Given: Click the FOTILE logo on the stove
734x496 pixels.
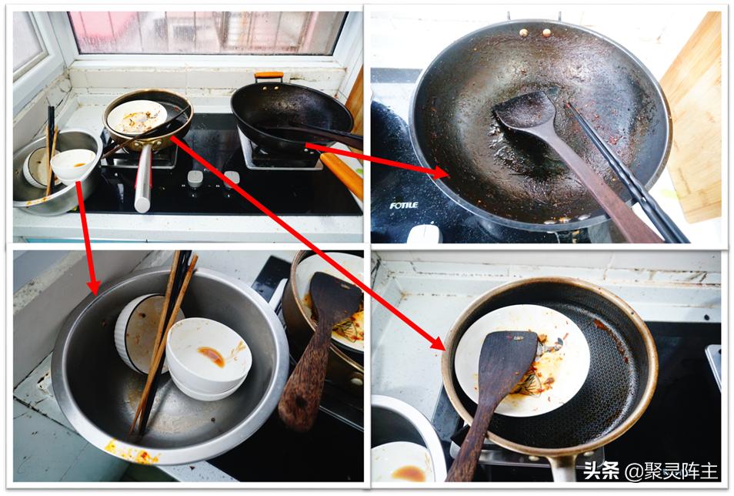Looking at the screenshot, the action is (x=403, y=206).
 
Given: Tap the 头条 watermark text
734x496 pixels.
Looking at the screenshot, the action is (x=602, y=471).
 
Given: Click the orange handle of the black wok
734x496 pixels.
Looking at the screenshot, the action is (x=269, y=75).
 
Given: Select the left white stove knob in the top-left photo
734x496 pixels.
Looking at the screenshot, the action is (x=195, y=179).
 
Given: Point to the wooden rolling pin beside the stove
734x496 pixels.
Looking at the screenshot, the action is (x=342, y=175).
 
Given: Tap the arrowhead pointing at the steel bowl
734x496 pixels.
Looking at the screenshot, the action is (x=94, y=285).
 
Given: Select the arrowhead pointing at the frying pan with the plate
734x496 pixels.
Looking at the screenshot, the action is (x=437, y=342).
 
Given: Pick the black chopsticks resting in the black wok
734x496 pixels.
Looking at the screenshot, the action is (x=627, y=173).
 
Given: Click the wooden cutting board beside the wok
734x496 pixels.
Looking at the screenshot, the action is (x=693, y=117).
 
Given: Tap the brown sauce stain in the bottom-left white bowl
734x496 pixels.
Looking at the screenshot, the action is (x=212, y=356).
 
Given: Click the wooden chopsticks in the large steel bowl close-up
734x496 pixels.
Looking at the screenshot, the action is (x=163, y=342).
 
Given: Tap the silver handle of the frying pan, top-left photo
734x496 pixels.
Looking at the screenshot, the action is (x=143, y=178).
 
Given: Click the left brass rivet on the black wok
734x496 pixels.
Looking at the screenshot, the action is (x=524, y=33).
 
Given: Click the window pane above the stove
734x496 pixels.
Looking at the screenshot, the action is (x=209, y=33).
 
